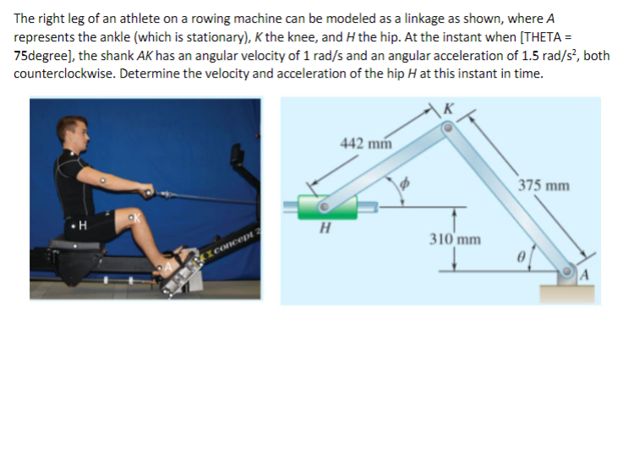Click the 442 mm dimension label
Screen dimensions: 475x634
[364, 143]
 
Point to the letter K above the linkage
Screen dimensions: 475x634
[448, 108]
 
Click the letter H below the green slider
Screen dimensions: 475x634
[324, 229]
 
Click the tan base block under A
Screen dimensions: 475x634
[568, 292]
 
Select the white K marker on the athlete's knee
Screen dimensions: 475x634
[131, 218]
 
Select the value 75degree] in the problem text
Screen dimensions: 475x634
[46, 56]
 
